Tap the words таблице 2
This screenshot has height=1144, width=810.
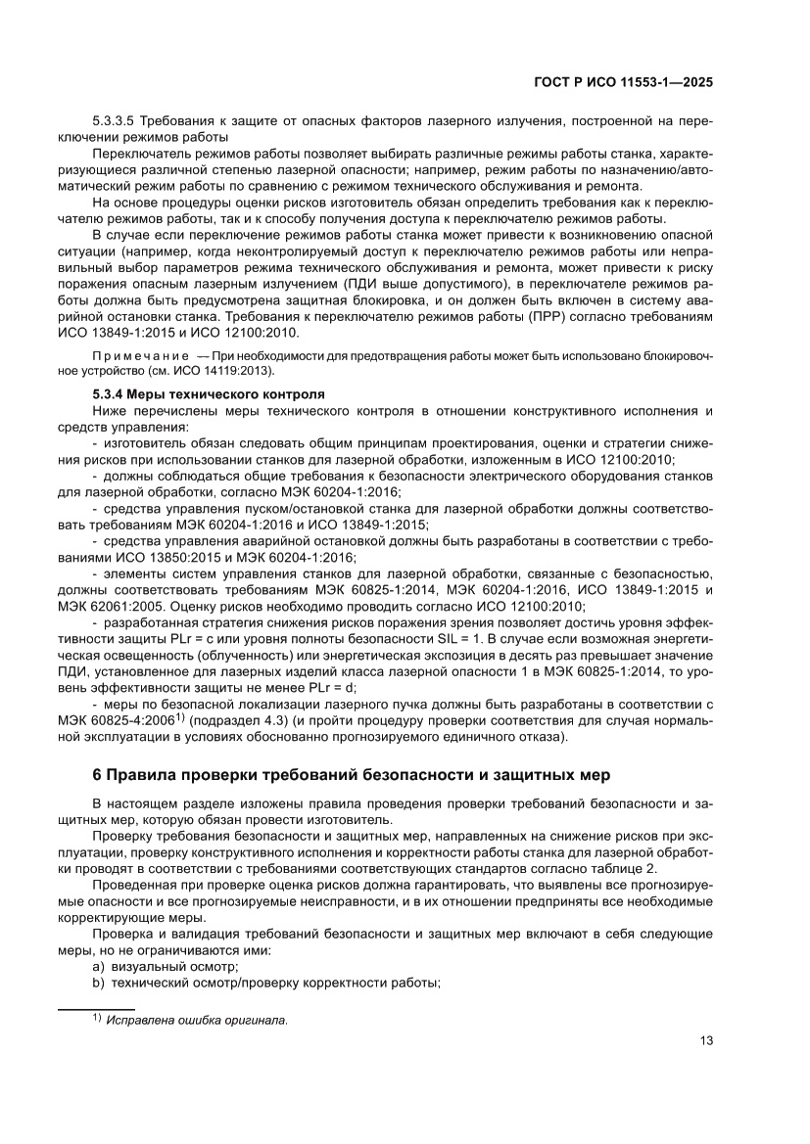click(622, 867)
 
